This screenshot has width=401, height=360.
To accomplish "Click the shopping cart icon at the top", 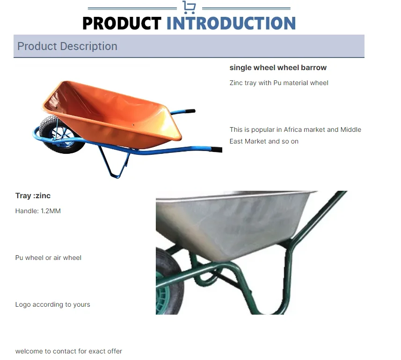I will pyautogui.click(x=189, y=7).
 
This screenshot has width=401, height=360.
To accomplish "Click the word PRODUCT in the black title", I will pyautogui.click(x=122, y=23).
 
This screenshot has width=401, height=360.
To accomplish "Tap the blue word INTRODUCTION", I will pyautogui.click(x=231, y=23).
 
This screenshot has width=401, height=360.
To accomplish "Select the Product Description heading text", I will pyautogui.click(x=67, y=46).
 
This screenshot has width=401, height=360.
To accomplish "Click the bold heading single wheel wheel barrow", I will pyautogui.click(x=278, y=68).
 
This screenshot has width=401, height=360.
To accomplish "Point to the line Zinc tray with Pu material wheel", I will pyautogui.click(x=279, y=83).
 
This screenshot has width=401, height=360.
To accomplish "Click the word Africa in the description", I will pyautogui.click(x=294, y=130).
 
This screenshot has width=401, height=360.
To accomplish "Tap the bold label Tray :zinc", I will pyautogui.click(x=33, y=195).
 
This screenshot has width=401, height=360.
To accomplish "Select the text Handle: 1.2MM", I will pyautogui.click(x=38, y=211).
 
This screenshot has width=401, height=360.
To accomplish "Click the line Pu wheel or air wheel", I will pyautogui.click(x=48, y=258).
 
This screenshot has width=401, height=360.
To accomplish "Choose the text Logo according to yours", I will pyautogui.click(x=52, y=304).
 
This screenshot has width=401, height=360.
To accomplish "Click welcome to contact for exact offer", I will pyautogui.click(x=68, y=351).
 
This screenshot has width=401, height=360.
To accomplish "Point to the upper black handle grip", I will pyautogui.click(x=189, y=112).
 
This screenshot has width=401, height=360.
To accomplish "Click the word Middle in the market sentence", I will pyautogui.click(x=350, y=130).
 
